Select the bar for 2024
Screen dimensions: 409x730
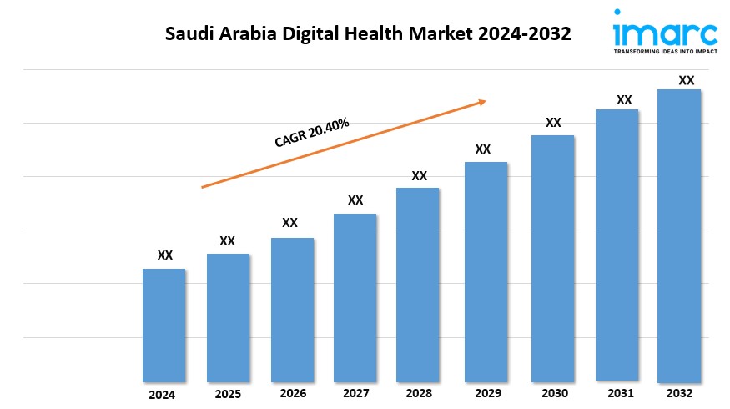[x=164, y=326]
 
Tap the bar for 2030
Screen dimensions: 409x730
[x=552, y=259]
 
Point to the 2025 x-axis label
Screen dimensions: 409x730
[x=228, y=393]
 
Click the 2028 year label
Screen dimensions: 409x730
[x=419, y=393]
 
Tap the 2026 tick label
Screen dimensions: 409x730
[x=292, y=393]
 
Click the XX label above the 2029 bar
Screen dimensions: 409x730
[x=482, y=149]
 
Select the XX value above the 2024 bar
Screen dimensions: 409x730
[x=165, y=255]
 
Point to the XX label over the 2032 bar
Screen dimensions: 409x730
[x=686, y=81]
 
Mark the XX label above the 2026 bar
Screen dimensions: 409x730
[x=289, y=223]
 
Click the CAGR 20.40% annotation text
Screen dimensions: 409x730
[x=312, y=133]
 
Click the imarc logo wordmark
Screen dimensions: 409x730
[x=664, y=33]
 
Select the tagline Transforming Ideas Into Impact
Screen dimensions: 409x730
[x=664, y=51]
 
